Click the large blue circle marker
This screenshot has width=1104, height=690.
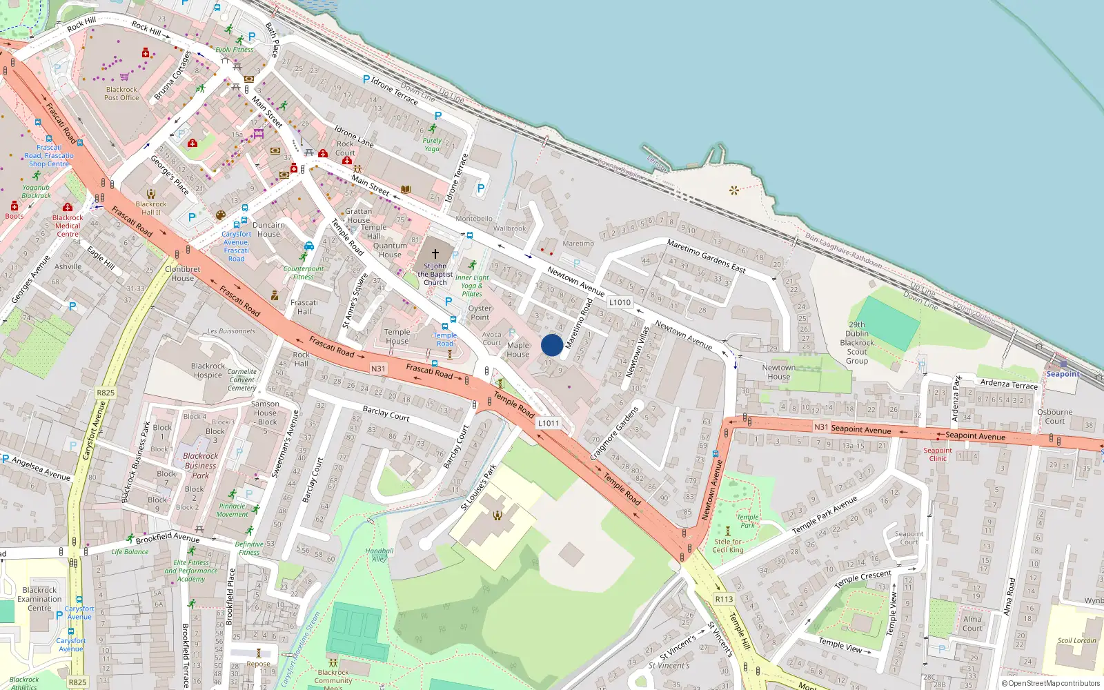(552, 345)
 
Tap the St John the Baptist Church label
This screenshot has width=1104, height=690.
(435, 274)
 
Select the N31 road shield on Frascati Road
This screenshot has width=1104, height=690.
(378, 368)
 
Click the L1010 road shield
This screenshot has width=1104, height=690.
(620, 302)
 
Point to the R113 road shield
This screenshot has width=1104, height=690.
(724, 599)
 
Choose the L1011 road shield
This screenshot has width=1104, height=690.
(548, 423)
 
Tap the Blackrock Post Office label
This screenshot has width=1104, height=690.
(121, 94)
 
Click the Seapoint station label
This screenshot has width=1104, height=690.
(1063, 374)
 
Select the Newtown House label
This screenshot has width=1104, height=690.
(778, 373)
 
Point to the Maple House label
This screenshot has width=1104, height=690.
(518, 350)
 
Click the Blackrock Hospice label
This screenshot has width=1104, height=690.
(208, 371)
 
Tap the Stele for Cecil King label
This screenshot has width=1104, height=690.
(728, 546)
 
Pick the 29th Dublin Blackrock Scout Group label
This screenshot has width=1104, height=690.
(857, 342)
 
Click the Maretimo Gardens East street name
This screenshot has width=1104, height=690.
(706, 255)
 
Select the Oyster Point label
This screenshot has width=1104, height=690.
(480, 313)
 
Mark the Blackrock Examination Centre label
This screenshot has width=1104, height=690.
(39, 599)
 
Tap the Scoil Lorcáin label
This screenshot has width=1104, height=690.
(1076, 640)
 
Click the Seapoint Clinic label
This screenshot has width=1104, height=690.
(938, 454)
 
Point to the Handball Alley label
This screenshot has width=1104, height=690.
(379, 555)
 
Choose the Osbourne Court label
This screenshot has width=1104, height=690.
(1054, 416)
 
